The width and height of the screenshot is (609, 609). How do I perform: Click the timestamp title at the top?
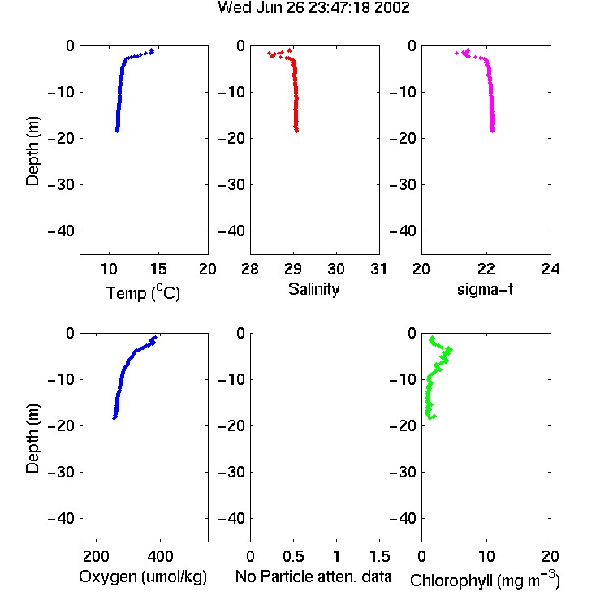click(313, 8)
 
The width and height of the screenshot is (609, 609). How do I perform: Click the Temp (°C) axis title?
click(143, 292)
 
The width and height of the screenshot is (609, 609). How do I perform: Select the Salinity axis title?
click(313, 289)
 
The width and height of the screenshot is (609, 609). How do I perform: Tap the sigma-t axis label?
click(485, 289)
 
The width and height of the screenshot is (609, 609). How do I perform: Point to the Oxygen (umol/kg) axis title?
click(143, 577)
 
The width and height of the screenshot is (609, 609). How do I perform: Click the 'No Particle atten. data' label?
click(313, 577)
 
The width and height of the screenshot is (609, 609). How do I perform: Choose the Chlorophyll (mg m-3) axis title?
click(485, 580)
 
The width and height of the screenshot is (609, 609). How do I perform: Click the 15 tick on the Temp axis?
click(158, 269)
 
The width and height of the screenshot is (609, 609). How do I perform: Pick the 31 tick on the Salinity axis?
click(378, 269)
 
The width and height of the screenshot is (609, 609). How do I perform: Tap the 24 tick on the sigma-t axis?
click(551, 269)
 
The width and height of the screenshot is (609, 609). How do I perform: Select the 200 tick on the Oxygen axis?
click(96, 556)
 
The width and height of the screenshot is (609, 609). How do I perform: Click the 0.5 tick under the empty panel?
click(293, 556)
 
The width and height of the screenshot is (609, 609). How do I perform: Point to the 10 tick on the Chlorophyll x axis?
click(486, 556)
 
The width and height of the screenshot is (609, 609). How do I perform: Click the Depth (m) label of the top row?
click(32, 151)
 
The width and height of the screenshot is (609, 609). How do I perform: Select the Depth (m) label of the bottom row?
click(32, 438)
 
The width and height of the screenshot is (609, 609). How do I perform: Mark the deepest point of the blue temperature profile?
click(117, 130)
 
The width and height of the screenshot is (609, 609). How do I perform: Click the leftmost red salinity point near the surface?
click(269, 53)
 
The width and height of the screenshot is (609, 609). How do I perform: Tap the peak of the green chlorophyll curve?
click(449, 349)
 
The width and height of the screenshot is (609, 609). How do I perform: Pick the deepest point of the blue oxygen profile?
click(114, 418)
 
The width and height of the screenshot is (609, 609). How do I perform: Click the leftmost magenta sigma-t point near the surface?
click(456, 53)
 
